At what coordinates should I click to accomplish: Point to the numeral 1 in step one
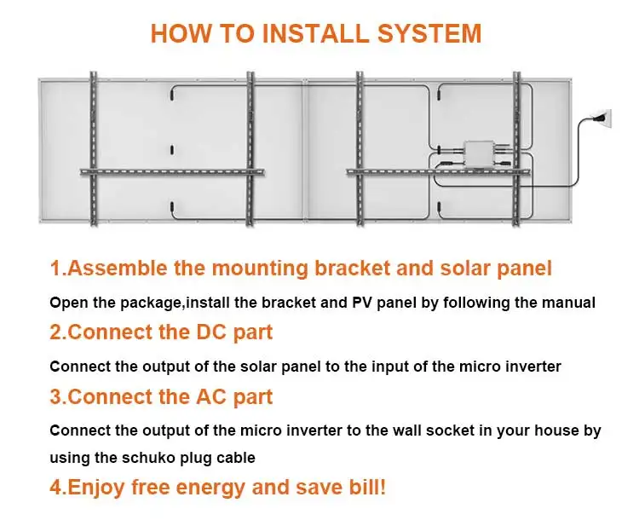(x=55, y=269)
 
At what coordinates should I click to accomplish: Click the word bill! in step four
(x=360, y=488)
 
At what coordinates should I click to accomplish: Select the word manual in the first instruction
(x=569, y=303)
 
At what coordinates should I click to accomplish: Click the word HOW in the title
(x=176, y=33)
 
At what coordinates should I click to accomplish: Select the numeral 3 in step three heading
(x=55, y=396)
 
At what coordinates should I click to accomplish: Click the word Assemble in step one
(x=117, y=269)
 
